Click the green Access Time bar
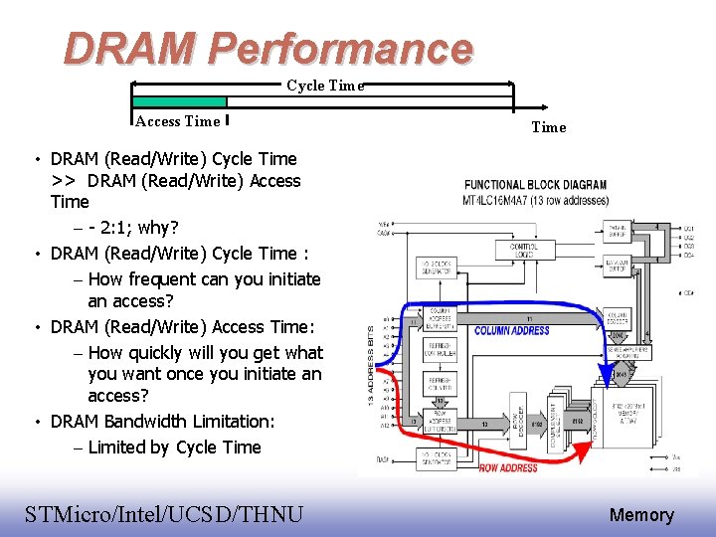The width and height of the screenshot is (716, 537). (180, 101)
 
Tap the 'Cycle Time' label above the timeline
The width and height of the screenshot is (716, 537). (325, 86)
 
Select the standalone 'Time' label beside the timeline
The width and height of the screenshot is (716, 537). (548, 127)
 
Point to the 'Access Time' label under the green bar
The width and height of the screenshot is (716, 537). (177, 121)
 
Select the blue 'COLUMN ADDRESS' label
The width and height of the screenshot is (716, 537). (512, 330)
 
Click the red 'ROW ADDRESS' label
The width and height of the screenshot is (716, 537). (508, 467)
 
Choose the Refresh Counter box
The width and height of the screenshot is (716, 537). (441, 383)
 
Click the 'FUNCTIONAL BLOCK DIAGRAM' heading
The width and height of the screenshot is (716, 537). (535, 185)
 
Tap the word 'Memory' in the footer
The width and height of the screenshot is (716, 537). (641, 515)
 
